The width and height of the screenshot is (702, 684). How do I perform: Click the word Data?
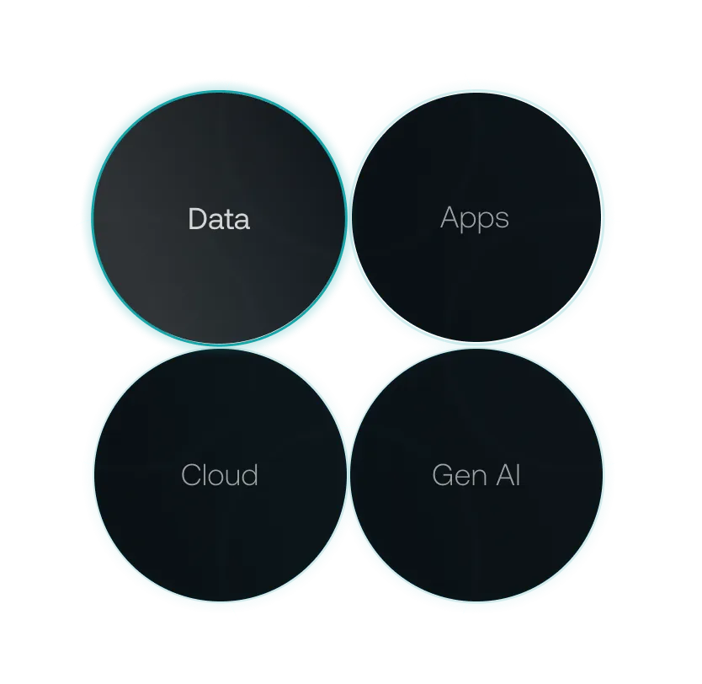pos(219,219)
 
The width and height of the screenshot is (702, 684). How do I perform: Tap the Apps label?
pos(475,218)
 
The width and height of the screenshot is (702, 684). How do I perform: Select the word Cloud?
pos(220,475)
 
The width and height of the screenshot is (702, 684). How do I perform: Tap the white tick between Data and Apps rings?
pos(348,254)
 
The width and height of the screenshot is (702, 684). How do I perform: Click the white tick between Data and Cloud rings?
pos(255,346)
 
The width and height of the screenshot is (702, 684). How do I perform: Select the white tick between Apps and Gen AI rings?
pos(445,345)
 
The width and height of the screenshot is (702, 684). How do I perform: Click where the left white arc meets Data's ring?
pos(84,221)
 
